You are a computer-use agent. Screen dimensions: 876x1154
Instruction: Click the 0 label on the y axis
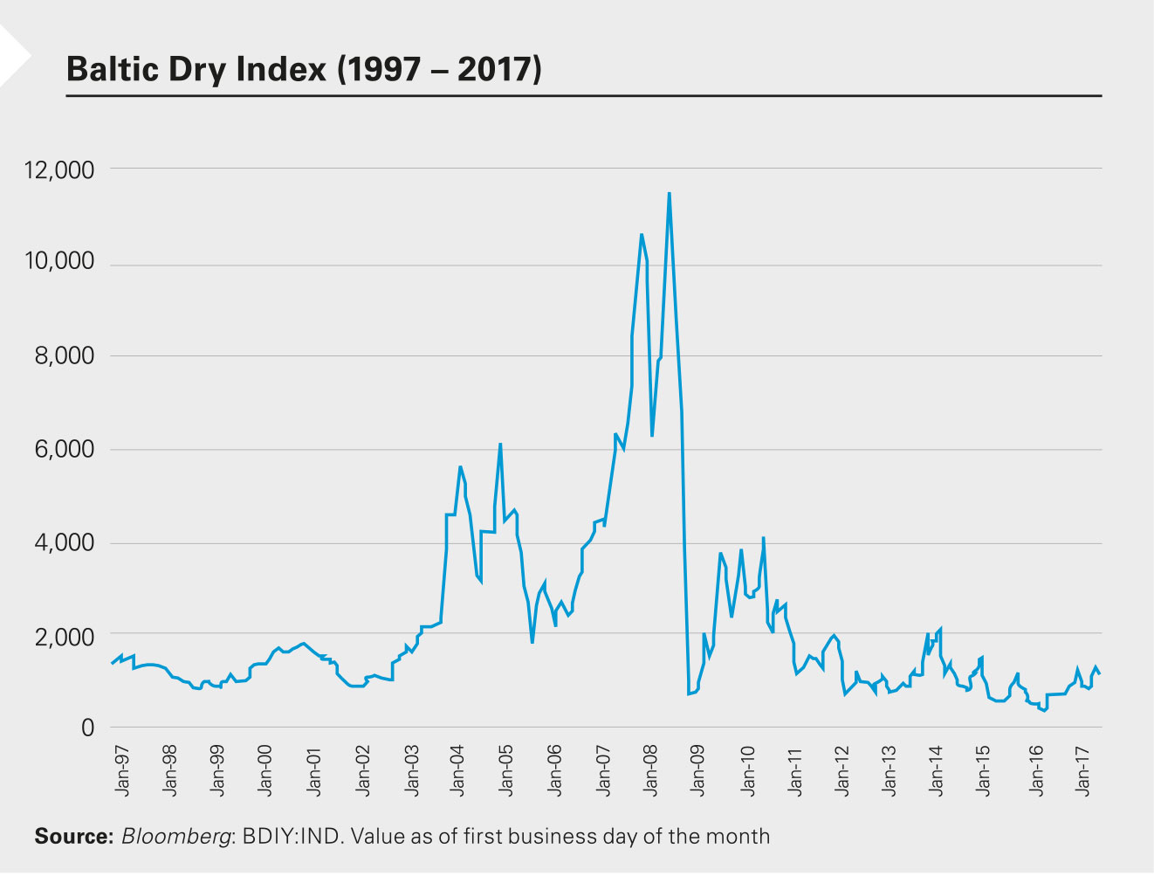[86, 728]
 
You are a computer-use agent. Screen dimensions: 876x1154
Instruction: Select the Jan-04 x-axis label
[458, 769]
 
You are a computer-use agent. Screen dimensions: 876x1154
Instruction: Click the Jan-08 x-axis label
[651, 769]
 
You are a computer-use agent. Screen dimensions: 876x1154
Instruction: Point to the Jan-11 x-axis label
[795, 769]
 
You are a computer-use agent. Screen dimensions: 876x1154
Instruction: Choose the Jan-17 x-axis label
[1084, 769]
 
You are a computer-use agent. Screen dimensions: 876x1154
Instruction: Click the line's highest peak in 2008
[669, 193]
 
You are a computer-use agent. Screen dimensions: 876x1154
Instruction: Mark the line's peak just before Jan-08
[642, 234]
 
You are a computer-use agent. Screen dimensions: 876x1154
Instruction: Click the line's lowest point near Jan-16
[1044, 711]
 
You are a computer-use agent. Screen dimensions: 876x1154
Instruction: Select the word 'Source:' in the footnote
[74, 837]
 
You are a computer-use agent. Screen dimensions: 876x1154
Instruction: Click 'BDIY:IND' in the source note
[284, 837]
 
